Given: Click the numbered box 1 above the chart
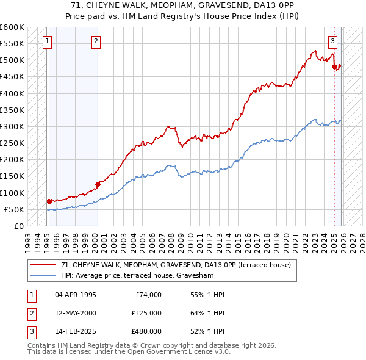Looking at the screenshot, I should pos(48,41).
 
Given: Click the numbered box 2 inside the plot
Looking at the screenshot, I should pos(96,41).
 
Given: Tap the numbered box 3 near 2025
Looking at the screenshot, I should pos(332,41).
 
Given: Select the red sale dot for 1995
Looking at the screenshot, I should pos(49,201).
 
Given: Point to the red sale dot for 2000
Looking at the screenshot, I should pos(97,184).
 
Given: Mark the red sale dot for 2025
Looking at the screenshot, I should pos(334,67).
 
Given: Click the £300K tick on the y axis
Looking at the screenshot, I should pos(12,126).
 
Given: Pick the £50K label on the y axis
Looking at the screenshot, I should pos(14,209).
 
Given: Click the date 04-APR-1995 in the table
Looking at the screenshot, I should pos(75,295).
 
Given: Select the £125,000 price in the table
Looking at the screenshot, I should pos(146,313).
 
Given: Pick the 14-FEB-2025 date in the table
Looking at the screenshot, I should pos(75,332).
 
